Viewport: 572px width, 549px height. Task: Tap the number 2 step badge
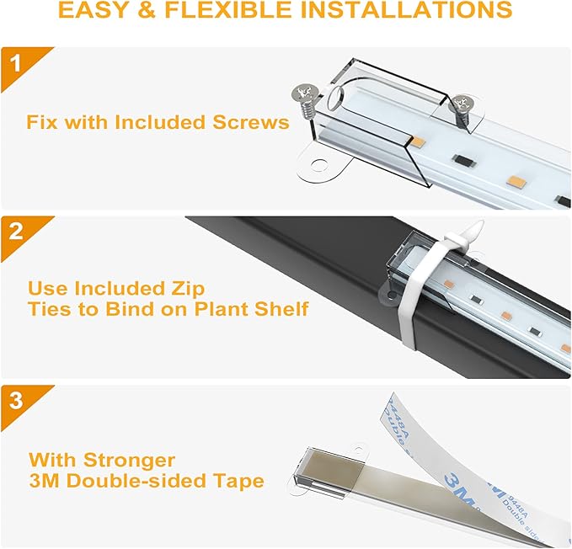pos(14,232)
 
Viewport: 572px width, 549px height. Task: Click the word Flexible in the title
pos(233,11)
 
